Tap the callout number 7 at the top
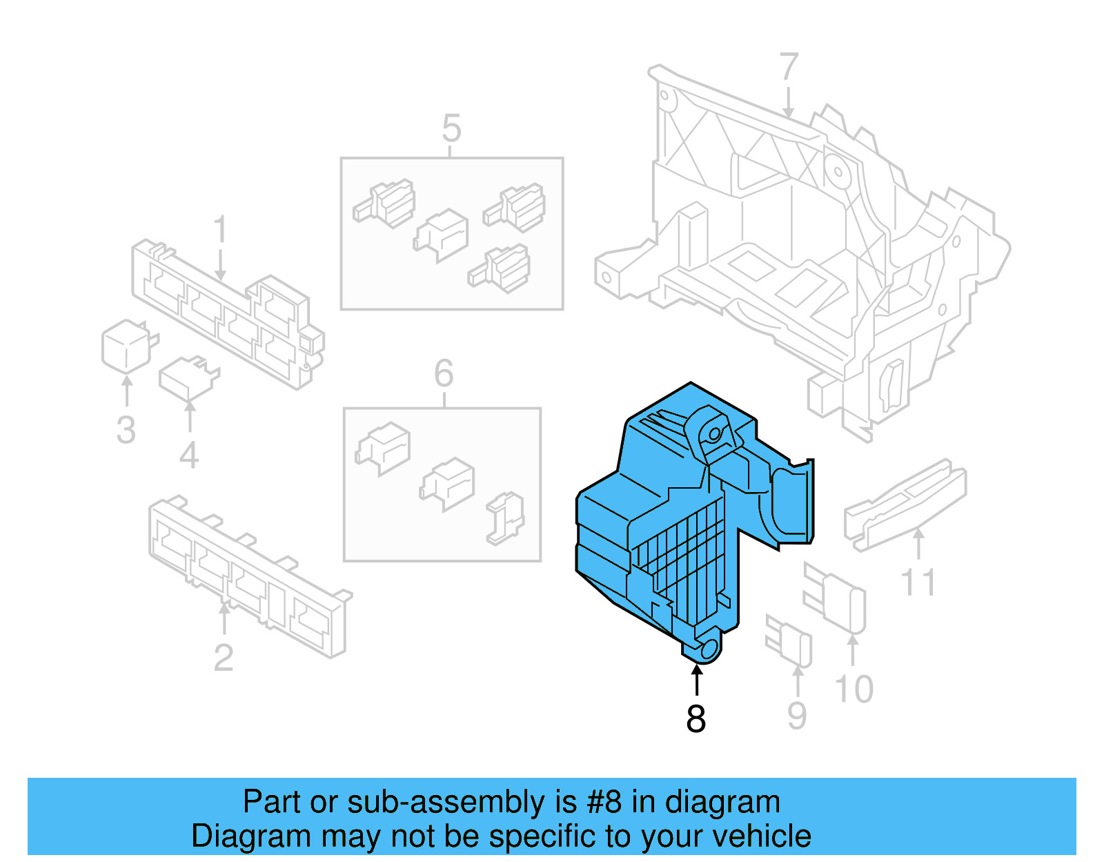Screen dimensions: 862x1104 (789, 68)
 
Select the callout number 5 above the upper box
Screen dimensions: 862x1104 (451, 128)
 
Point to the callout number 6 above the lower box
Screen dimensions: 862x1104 (444, 373)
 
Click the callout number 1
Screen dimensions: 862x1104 (220, 229)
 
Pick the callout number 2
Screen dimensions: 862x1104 (223, 658)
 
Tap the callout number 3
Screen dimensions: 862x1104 (126, 430)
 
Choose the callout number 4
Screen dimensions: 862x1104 (189, 456)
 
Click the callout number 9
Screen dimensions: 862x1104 (797, 716)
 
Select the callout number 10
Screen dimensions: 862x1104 (854, 689)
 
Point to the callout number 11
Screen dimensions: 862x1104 (918, 582)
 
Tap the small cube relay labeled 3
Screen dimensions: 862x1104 (126, 344)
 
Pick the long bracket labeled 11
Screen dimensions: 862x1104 (905, 504)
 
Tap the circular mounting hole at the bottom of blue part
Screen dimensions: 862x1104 (709, 649)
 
